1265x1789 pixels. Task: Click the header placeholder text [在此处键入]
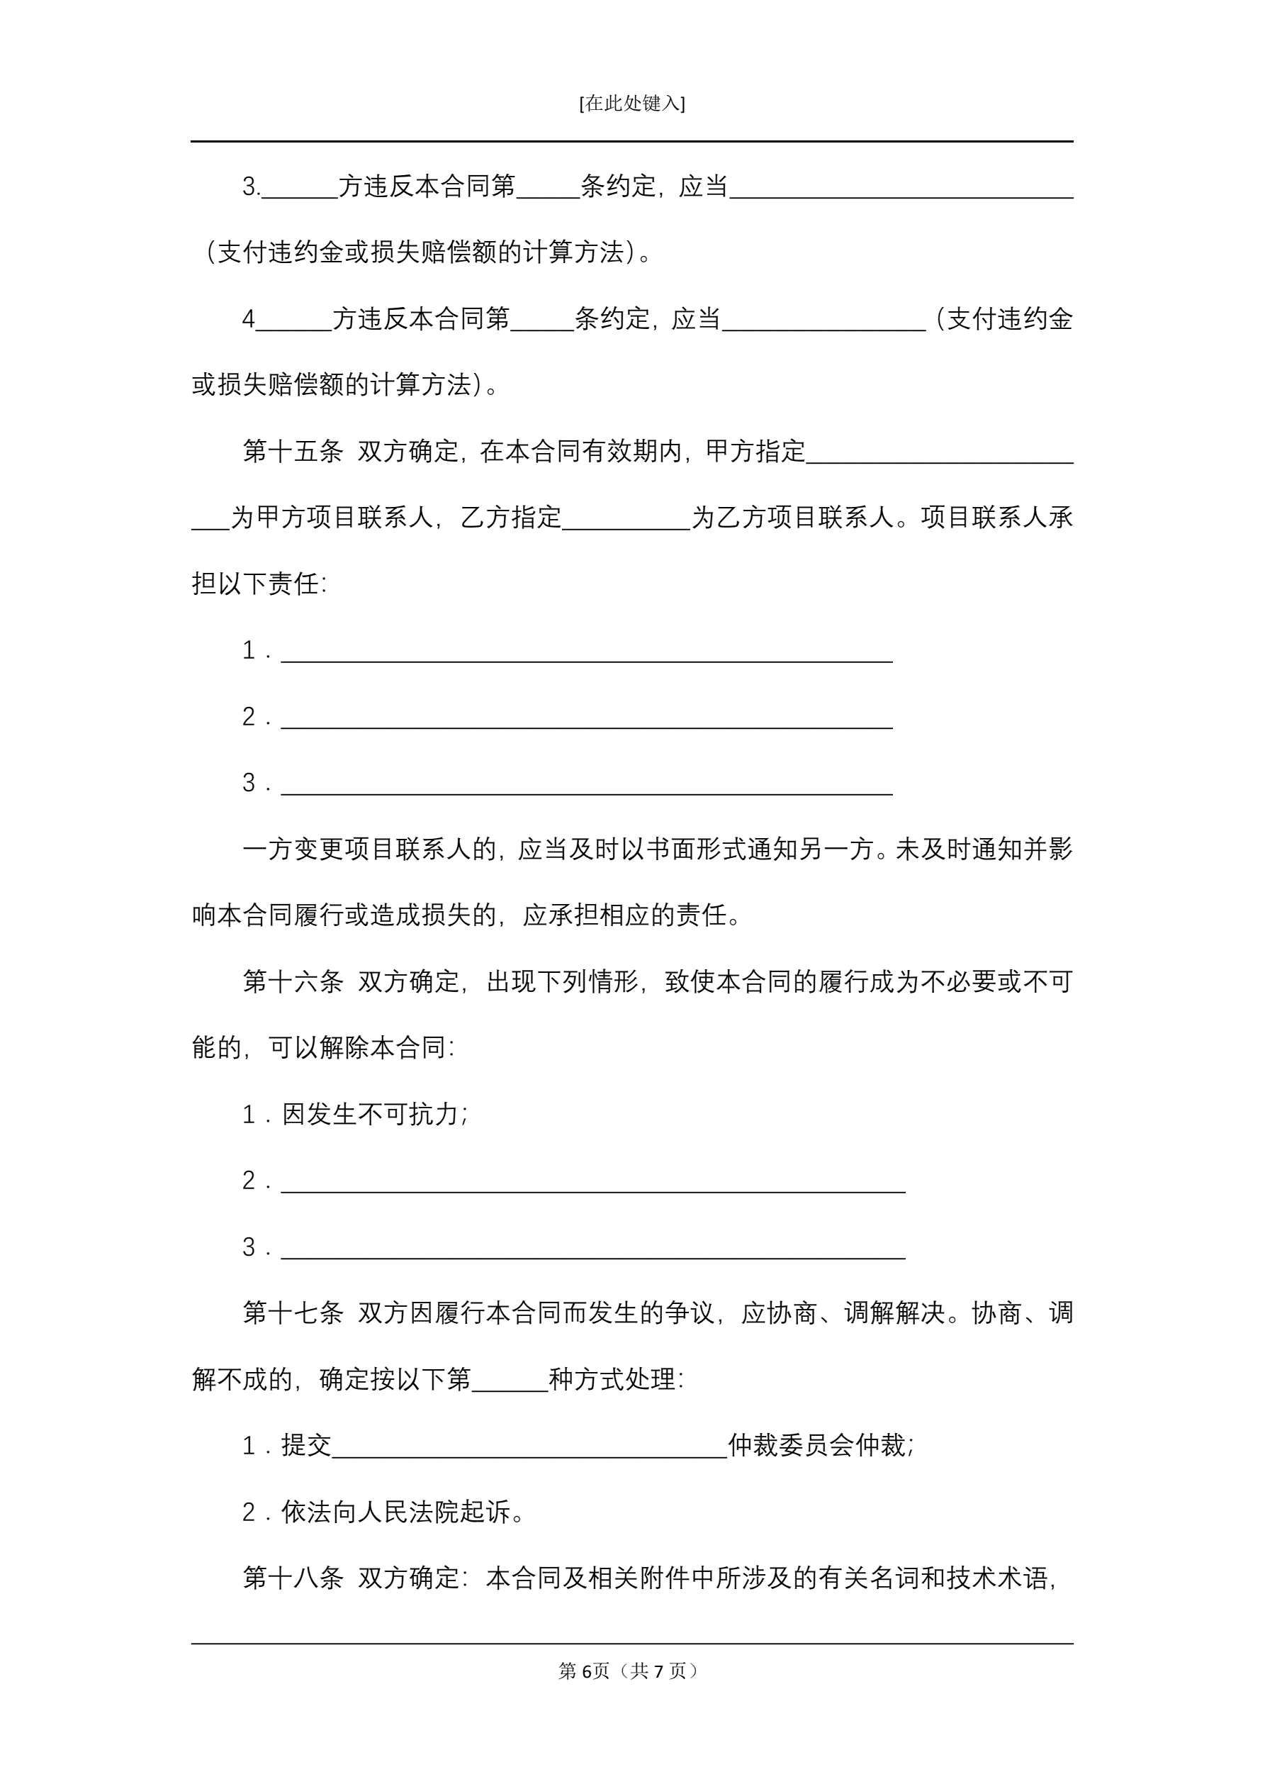tap(631, 104)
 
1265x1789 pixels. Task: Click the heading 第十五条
tap(292, 452)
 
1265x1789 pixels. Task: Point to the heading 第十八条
tap(292, 1578)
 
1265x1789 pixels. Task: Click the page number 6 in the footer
tap(586, 1671)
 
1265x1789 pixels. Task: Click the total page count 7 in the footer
tap(659, 1671)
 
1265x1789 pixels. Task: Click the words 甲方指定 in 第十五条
tap(755, 452)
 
